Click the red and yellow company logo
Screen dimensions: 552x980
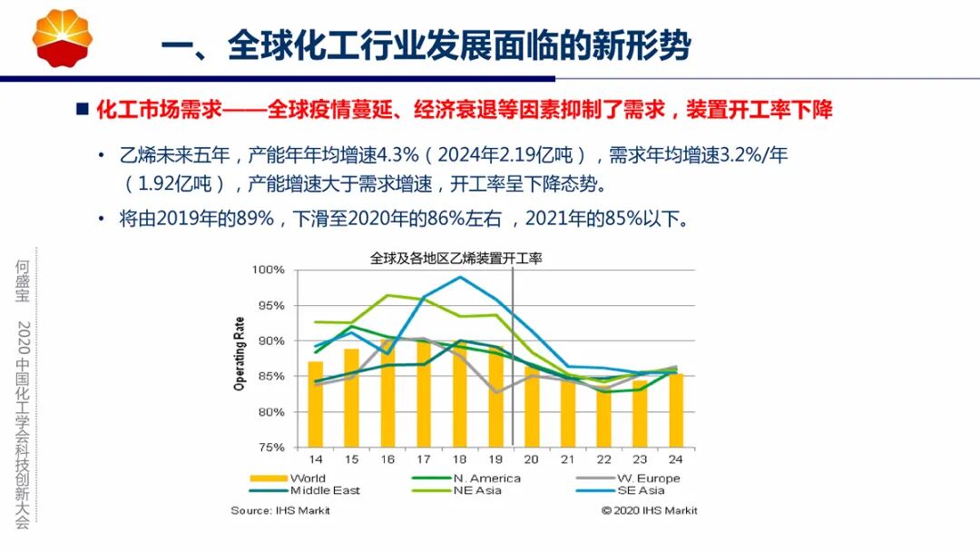point(63,38)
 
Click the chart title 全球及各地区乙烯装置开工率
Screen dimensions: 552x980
point(456,258)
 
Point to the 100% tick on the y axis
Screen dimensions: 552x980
point(269,271)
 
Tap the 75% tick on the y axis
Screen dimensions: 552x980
point(271,448)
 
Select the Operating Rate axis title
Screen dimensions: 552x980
point(240,354)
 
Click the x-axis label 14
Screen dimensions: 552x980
point(315,460)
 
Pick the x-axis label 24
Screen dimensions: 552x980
point(675,460)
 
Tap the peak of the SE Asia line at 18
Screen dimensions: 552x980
point(460,277)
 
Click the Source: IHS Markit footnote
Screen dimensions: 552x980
point(280,510)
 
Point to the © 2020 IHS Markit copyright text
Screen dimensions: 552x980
point(649,510)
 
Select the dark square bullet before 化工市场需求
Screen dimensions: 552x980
point(82,110)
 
